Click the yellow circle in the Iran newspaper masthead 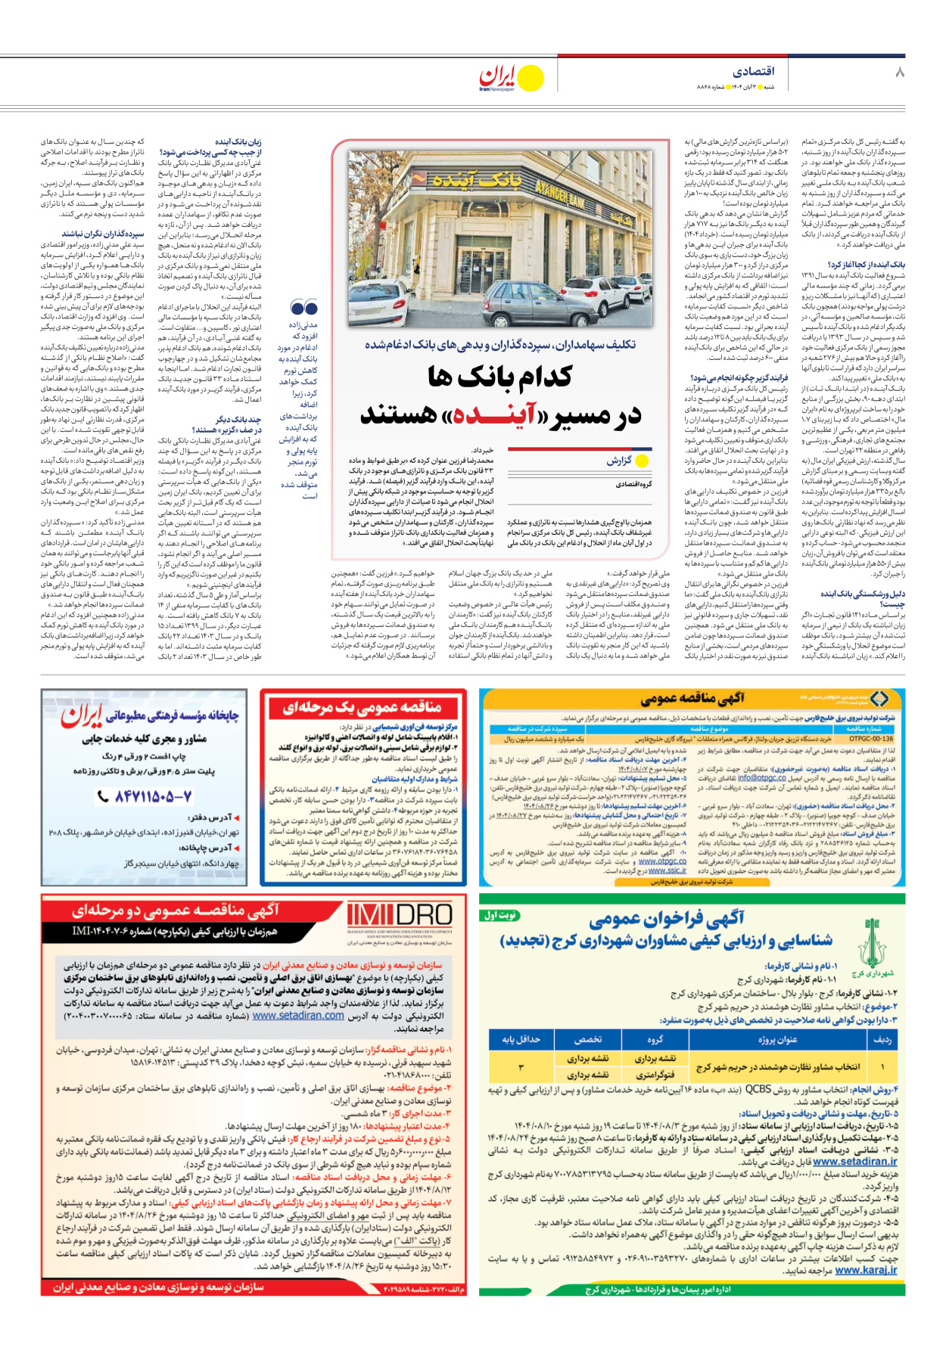[531, 78]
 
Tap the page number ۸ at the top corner [900, 73]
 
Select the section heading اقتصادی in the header [754, 71]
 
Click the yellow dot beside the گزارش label [643, 461]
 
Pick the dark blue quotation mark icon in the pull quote [303, 308]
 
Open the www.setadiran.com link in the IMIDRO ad [298, 1016]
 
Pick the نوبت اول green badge [499, 915]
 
